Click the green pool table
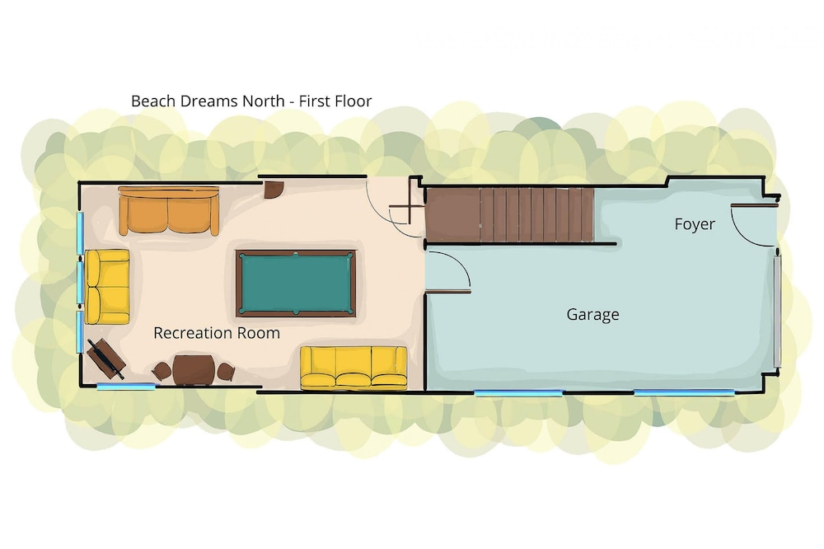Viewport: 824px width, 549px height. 296,284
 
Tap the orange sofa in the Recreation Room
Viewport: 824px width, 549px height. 169,210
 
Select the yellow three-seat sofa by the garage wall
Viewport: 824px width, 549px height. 353,368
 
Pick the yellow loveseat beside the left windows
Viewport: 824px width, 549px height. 107,287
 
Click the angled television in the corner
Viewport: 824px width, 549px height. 106,359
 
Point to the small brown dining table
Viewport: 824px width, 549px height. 194,369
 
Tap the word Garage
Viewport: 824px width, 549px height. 592,314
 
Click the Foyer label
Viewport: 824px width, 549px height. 695,224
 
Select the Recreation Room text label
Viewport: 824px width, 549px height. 217,333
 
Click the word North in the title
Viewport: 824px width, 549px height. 263,101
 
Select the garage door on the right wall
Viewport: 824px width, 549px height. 777,311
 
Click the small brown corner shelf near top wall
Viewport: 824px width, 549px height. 274,190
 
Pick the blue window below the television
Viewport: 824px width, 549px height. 127,387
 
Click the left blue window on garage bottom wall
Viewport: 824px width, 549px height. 518,392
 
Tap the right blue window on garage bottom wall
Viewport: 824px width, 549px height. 684,392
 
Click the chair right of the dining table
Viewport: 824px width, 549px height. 226,372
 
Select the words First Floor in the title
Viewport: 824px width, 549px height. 335,101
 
